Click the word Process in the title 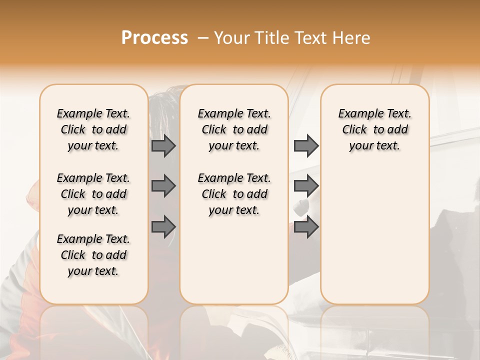click(x=154, y=38)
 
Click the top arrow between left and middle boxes click(x=163, y=146)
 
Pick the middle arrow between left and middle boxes click(x=163, y=186)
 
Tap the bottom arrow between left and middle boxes click(x=163, y=226)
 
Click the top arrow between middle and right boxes click(x=306, y=145)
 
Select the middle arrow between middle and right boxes click(x=306, y=186)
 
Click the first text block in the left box click(x=93, y=129)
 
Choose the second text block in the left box click(x=93, y=194)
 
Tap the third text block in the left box click(x=93, y=255)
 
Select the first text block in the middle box click(x=234, y=129)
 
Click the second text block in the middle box click(x=234, y=194)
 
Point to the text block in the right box click(x=375, y=129)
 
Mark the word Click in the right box click(x=354, y=130)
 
